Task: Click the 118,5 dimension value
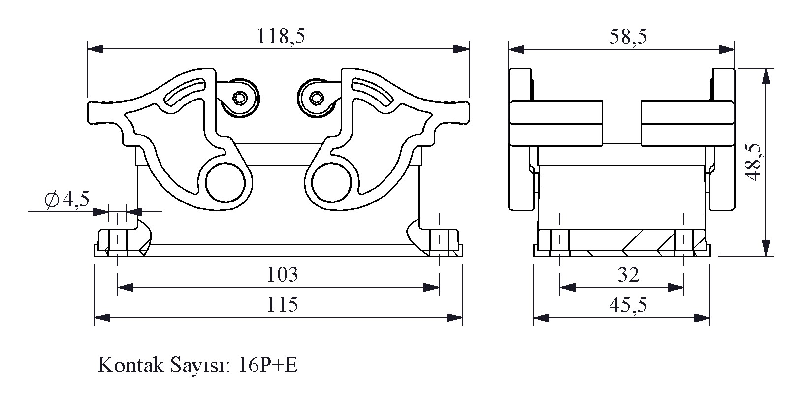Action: (x=281, y=36)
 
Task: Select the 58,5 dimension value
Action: (x=628, y=36)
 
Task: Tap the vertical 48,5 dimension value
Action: (x=755, y=162)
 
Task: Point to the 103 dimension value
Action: (x=283, y=274)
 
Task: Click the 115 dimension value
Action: (x=283, y=304)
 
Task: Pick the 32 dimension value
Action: (x=628, y=274)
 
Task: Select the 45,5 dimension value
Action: (x=628, y=305)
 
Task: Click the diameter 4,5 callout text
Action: (x=67, y=199)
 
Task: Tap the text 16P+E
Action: (x=268, y=365)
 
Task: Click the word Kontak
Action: (x=130, y=365)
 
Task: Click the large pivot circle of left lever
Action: (x=225, y=183)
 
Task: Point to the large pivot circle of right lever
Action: (x=331, y=183)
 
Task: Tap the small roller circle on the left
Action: (x=240, y=98)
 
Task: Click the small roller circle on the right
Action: (x=317, y=98)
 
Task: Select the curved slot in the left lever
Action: (x=184, y=92)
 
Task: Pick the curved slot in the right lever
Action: (x=372, y=92)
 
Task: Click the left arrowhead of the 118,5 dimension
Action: (x=96, y=49)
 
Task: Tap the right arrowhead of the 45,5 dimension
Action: (x=702, y=318)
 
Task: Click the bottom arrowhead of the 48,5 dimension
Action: (x=766, y=248)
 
